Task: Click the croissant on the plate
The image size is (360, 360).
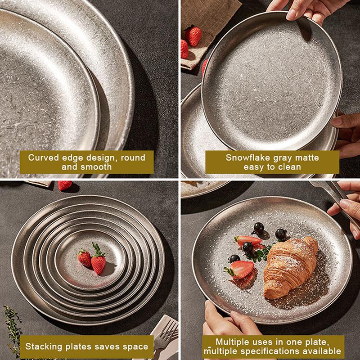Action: click(x=290, y=267)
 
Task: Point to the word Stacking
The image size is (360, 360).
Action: click(x=44, y=346)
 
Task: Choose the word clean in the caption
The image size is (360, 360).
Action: click(x=289, y=167)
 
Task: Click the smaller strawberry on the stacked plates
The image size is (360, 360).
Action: click(x=85, y=258)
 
